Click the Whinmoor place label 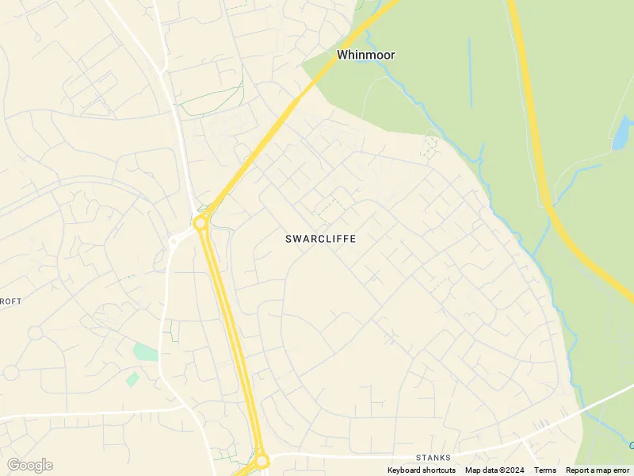click(x=365, y=55)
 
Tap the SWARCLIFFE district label click(x=320, y=238)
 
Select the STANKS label click(x=433, y=458)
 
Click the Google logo click(x=29, y=465)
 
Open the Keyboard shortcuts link click(x=422, y=470)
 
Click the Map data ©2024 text click(x=495, y=470)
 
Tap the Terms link click(x=545, y=470)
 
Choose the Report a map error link click(x=598, y=470)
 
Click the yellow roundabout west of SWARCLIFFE click(x=201, y=223)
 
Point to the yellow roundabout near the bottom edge click(x=262, y=460)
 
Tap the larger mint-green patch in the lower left click(x=146, y=351)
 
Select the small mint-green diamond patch click(x=132, y=379)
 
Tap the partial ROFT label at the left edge click(x=11, y=301)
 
